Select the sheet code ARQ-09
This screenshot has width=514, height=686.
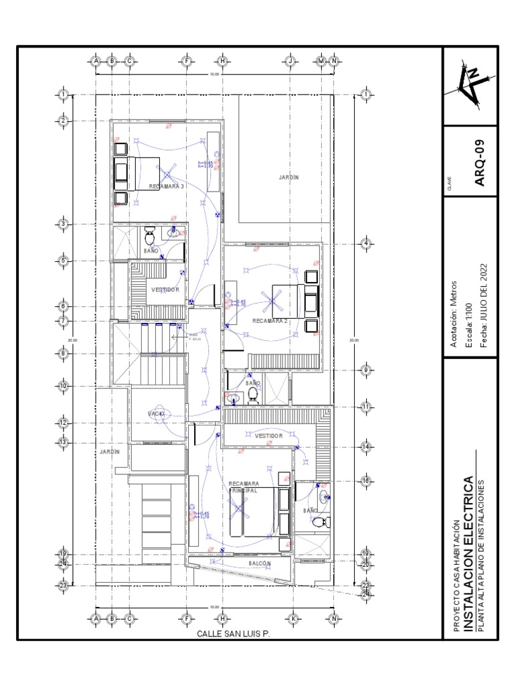(479, 160)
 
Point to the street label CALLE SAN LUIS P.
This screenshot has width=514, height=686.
(233, 634)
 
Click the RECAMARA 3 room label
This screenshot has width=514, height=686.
(166, 186)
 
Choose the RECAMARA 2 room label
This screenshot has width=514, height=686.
(270, 321)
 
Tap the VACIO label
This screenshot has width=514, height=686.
(156, 414)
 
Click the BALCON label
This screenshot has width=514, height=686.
(260, 564)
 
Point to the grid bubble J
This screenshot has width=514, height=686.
(291, 61)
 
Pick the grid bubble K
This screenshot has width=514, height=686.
(292, 618)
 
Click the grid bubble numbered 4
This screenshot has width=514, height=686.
(366, 243)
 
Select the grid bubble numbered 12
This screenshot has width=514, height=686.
(64, 423)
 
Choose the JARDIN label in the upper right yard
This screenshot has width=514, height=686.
(288, 177)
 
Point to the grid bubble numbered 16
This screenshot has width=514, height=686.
(366, 480)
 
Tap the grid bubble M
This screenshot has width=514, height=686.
(322, 61)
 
